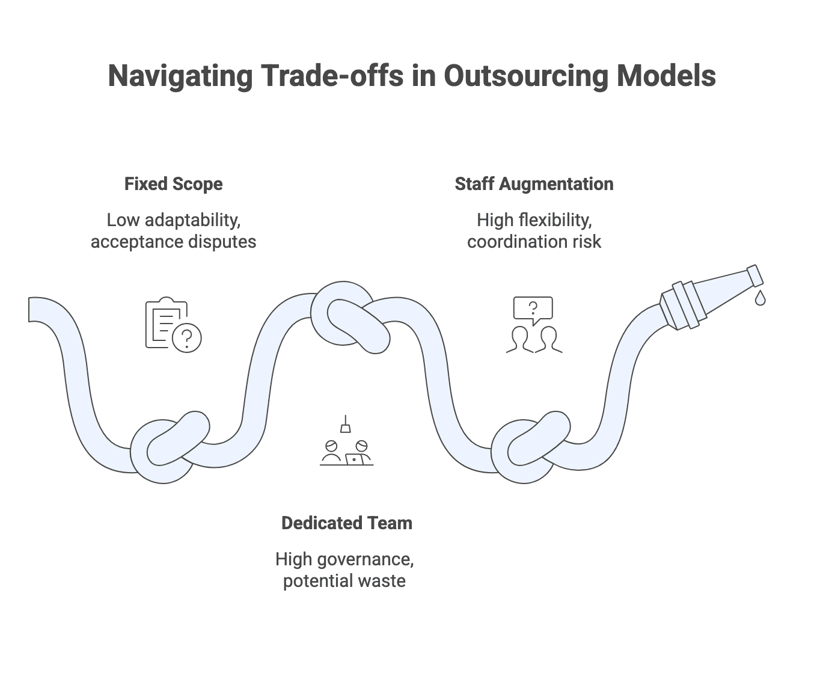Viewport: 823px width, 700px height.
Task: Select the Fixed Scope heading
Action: (x=173, y=184)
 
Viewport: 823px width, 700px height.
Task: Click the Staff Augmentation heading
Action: (x=534, y=184)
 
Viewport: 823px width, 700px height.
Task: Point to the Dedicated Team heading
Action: (x=347, y=523)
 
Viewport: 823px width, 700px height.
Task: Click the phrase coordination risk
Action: (x=534, y=242)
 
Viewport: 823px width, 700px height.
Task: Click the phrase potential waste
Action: (x=344, y=581)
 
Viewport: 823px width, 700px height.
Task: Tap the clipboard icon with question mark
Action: (x=173, y=325)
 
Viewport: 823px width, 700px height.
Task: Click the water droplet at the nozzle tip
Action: (x=760, y=298)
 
